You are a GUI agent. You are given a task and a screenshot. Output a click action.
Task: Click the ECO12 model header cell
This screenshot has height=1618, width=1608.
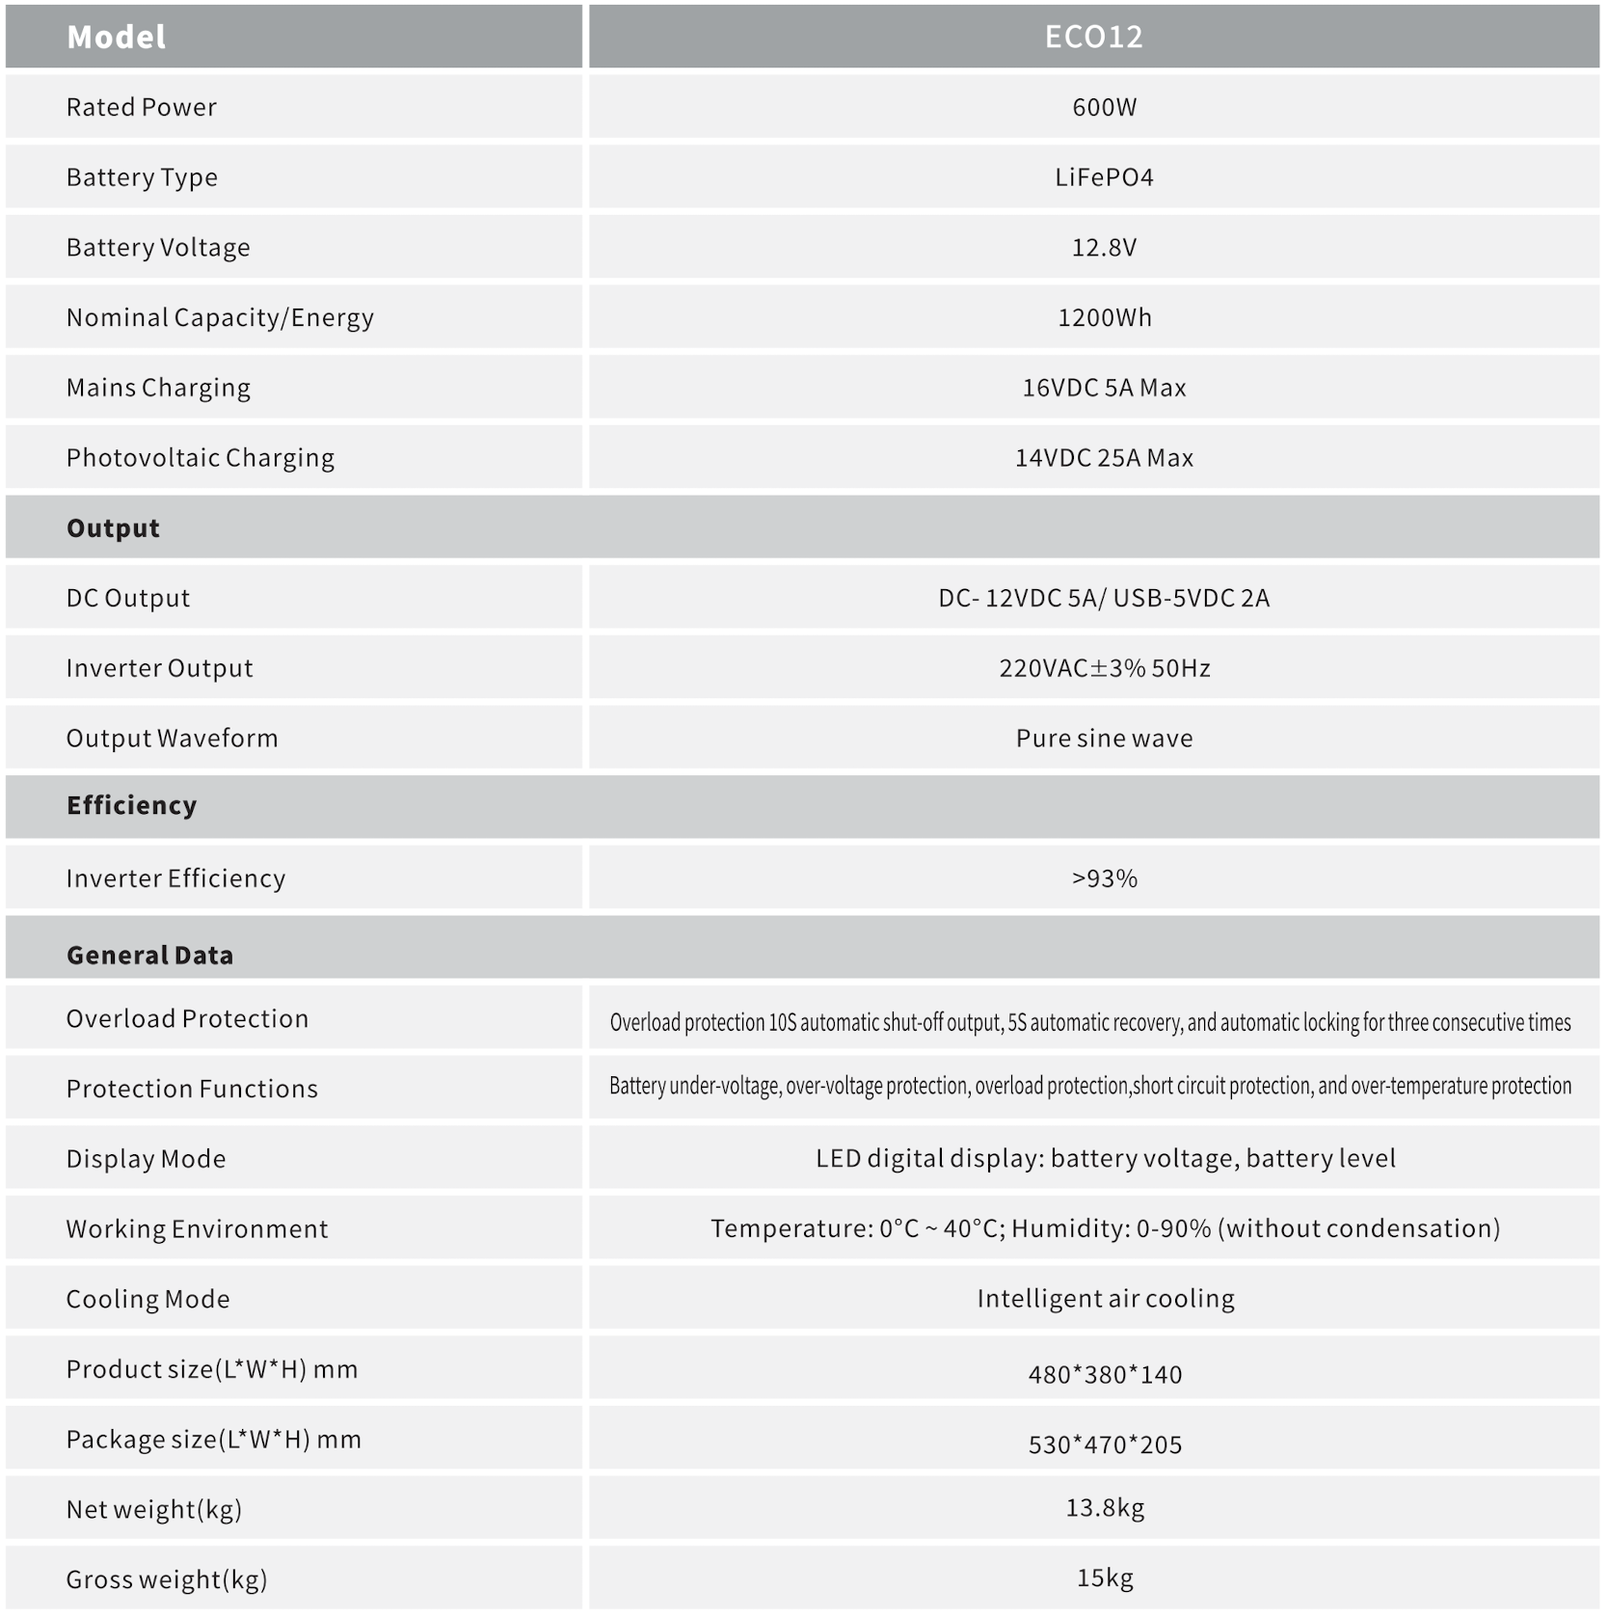[x=1093, y=37]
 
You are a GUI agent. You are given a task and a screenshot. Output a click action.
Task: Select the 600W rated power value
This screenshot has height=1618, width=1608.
[x=1104, y=107]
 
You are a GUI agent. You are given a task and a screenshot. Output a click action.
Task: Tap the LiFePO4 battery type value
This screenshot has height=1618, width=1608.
[x=1104, y=177]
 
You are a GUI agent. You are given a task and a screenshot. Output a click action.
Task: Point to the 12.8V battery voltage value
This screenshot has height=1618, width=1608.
[x=1104, y=248]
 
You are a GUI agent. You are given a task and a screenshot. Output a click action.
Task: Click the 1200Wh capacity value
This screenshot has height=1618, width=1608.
[x=1104, y=317]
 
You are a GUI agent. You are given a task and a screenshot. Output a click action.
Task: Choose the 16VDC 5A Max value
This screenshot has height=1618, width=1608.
[x=1104, y=388]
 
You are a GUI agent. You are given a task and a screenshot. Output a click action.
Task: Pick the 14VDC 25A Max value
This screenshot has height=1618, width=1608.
[x=1104, y=458]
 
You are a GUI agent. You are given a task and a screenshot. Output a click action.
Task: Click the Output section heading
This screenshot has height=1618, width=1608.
[x=113, y=528]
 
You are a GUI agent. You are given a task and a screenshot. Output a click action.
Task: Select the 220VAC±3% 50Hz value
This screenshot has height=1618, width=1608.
[x=1104, y=668]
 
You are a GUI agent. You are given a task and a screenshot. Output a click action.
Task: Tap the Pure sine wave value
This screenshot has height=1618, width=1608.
[x=1104, y=739]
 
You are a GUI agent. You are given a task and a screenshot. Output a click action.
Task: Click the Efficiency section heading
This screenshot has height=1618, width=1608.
[x=131, y=805]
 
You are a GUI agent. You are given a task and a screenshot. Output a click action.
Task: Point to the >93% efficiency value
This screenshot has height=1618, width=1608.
[x=1104, y=878]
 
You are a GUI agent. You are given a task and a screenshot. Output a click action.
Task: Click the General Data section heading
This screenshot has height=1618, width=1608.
[x=149, y=955]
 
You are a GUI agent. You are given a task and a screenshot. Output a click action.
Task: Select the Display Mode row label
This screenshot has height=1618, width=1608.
[x=146, y=1158]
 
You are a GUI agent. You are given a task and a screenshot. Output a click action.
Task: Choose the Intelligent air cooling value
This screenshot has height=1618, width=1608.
[x=1105, y=1299]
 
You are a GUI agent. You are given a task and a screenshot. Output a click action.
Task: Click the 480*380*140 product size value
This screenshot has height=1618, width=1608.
[x=1105, y=1374]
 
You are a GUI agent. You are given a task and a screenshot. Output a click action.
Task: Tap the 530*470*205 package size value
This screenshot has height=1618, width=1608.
[x=1105, y=1444]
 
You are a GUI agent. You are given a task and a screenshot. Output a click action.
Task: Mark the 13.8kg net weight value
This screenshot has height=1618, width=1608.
[x=1105, y=1508]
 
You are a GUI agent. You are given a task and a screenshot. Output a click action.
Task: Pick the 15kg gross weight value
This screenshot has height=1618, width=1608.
[x=1105, y=1578]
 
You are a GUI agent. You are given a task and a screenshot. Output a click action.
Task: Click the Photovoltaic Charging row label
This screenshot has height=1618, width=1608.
[x=201, y=458]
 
